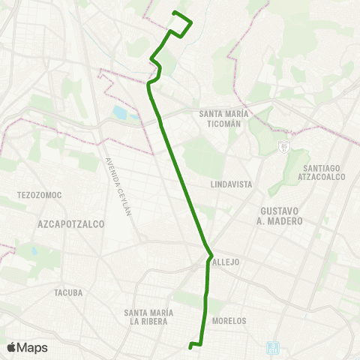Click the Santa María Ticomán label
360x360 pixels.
[223, 118]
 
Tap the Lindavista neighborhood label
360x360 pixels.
[230, 184]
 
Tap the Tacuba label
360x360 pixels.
[68, 292]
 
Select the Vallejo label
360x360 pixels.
[225, 263]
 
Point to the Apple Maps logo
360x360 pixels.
[27, 347]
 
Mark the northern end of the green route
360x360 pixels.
[174, 13]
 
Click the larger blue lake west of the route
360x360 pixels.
[121, 114]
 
